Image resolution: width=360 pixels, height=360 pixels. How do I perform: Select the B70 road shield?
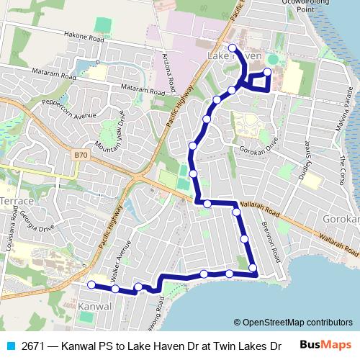(81, 155)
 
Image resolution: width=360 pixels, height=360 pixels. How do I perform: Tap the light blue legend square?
(9, 345)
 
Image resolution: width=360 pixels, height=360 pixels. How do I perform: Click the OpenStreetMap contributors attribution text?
(292, 323)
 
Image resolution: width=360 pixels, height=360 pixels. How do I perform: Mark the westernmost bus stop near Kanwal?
(91, 285)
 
